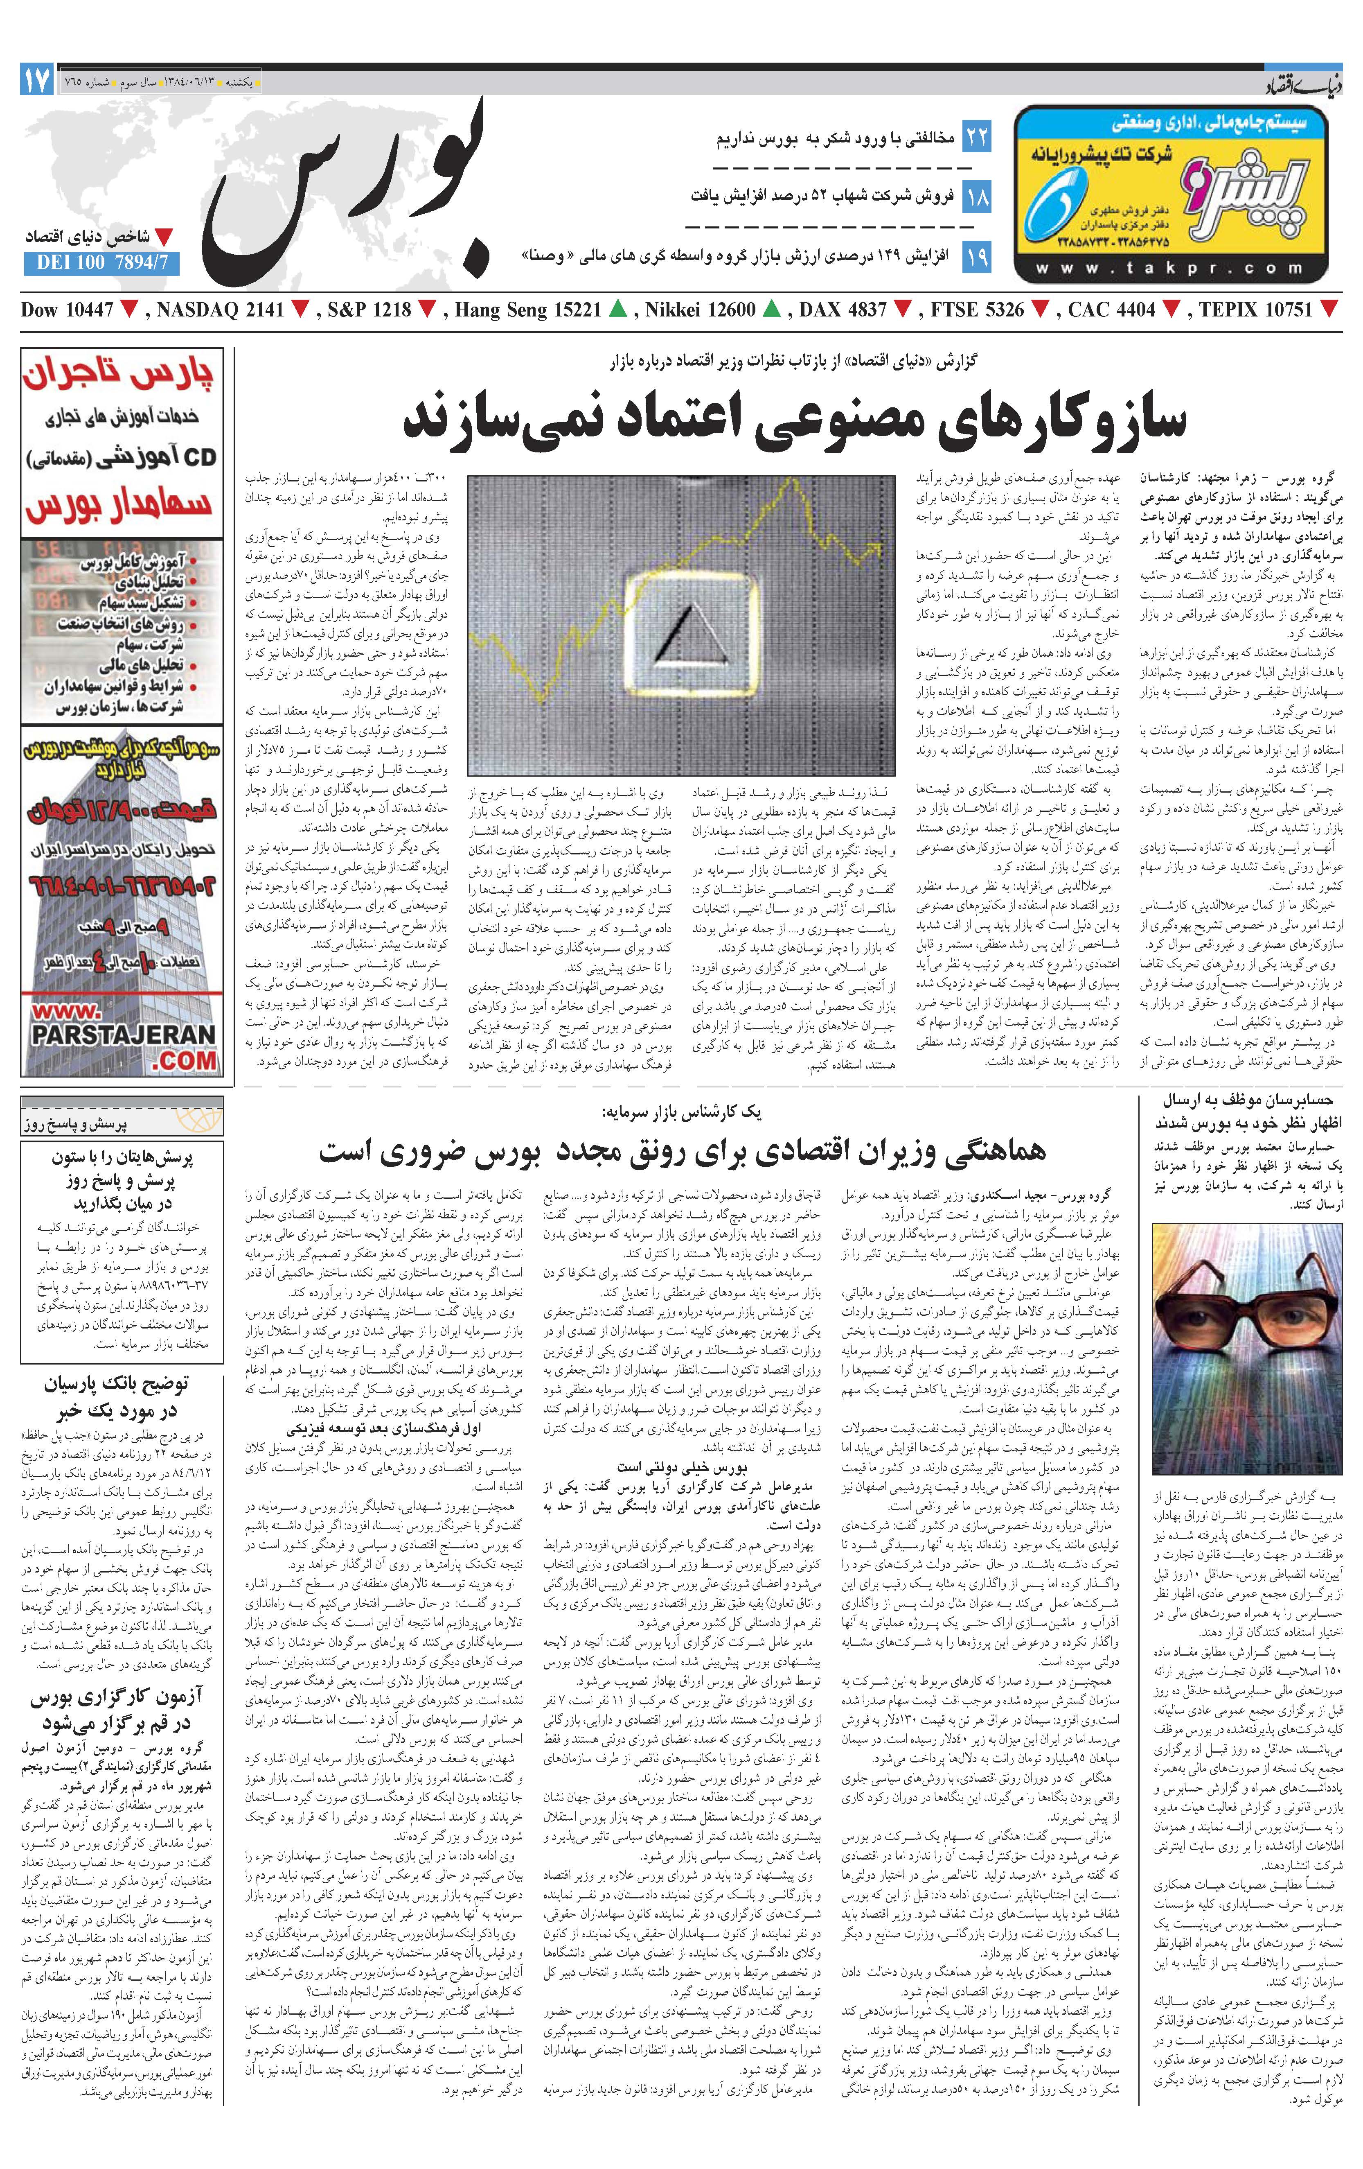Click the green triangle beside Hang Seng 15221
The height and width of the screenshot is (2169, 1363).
point(617,310)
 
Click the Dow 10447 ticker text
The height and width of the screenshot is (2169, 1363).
point(67,310)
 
